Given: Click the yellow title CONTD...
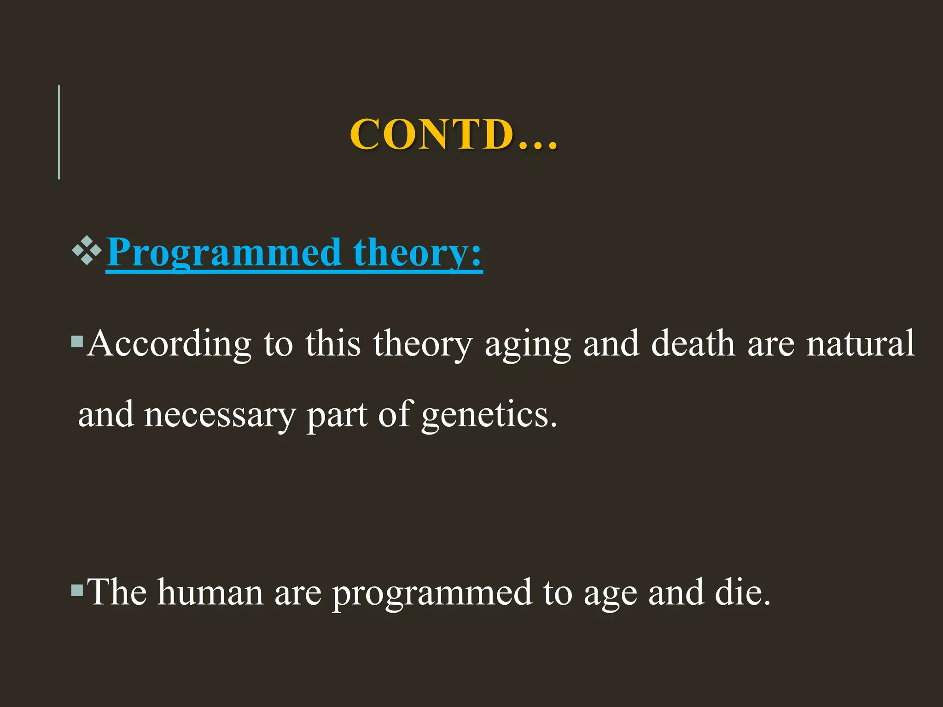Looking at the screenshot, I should click(x=454, y=134).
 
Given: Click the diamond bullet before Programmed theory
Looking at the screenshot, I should click(x=87, y=251).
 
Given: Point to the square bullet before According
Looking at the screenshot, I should click(x=77, y=342).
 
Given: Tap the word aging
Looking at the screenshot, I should click(x=528, y=345).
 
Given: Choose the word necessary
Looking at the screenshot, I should click(x=220, y=415).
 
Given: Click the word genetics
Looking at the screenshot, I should click(x=489, y=415).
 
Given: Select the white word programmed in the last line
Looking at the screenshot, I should click(x=431, y=594).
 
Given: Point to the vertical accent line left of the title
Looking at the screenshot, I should click(x=59, y=132).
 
